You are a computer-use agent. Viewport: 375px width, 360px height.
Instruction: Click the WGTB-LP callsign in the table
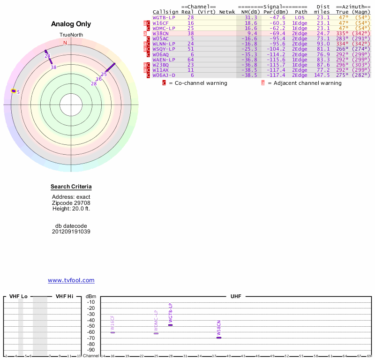[x=164, y=17]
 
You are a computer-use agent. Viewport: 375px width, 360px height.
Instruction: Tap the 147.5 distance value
[x=322, y=75]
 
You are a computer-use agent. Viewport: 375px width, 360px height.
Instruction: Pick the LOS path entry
[x=300, y=17]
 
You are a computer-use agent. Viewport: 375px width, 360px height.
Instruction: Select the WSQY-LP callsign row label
[x=164, y=49]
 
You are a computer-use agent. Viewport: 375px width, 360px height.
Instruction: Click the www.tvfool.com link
[x=71, y=280]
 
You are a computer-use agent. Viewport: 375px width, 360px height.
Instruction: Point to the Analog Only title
[x=71, y=24]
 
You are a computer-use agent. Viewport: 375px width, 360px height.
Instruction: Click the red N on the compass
[x=65, y=43]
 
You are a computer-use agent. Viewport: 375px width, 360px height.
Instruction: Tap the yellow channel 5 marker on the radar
[x=14, y=91]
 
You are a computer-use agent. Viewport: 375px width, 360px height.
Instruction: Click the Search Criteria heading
[x=71, y=187]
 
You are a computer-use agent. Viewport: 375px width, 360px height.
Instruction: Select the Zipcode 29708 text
[x=71, y=202]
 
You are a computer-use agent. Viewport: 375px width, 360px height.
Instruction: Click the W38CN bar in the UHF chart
[x=219, y=337]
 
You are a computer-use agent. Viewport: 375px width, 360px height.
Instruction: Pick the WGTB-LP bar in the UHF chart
[x=171, y=325]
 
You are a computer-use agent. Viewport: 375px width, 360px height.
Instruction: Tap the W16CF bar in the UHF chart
[x=112, y=332]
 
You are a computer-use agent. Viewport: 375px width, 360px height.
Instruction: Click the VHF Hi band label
[x=65, y=296]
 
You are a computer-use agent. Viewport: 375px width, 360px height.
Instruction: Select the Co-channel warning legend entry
[x=197, y=83]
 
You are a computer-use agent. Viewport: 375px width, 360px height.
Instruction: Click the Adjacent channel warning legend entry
[x=304, y=83]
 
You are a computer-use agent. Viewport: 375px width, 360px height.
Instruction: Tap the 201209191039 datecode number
[x=71, y=232]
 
